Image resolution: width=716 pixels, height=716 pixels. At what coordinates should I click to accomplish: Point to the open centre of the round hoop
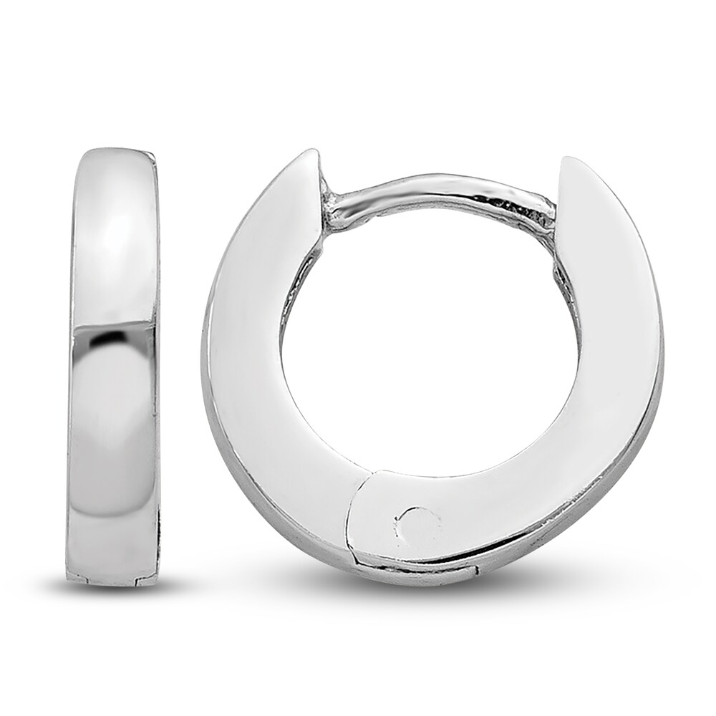(x=430, y=344)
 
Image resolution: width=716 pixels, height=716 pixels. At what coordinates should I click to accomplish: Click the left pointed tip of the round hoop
(x=309, y=155)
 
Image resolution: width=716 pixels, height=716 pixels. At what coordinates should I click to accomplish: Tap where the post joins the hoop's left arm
(x=333, y=208)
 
